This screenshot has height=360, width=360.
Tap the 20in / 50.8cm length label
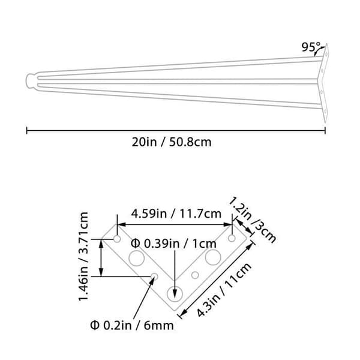click(172, 142)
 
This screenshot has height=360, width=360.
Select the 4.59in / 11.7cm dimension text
click(176, 214)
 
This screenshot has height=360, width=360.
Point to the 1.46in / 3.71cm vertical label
click(83, 256)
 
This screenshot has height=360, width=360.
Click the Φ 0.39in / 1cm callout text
click(173, 244)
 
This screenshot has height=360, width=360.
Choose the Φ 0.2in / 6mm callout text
click(132, 325)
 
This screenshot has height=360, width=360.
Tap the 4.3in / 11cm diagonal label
click(224, 290)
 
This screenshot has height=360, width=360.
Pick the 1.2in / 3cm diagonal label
click(253, 219)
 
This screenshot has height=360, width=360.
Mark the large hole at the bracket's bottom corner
click(175, 293)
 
